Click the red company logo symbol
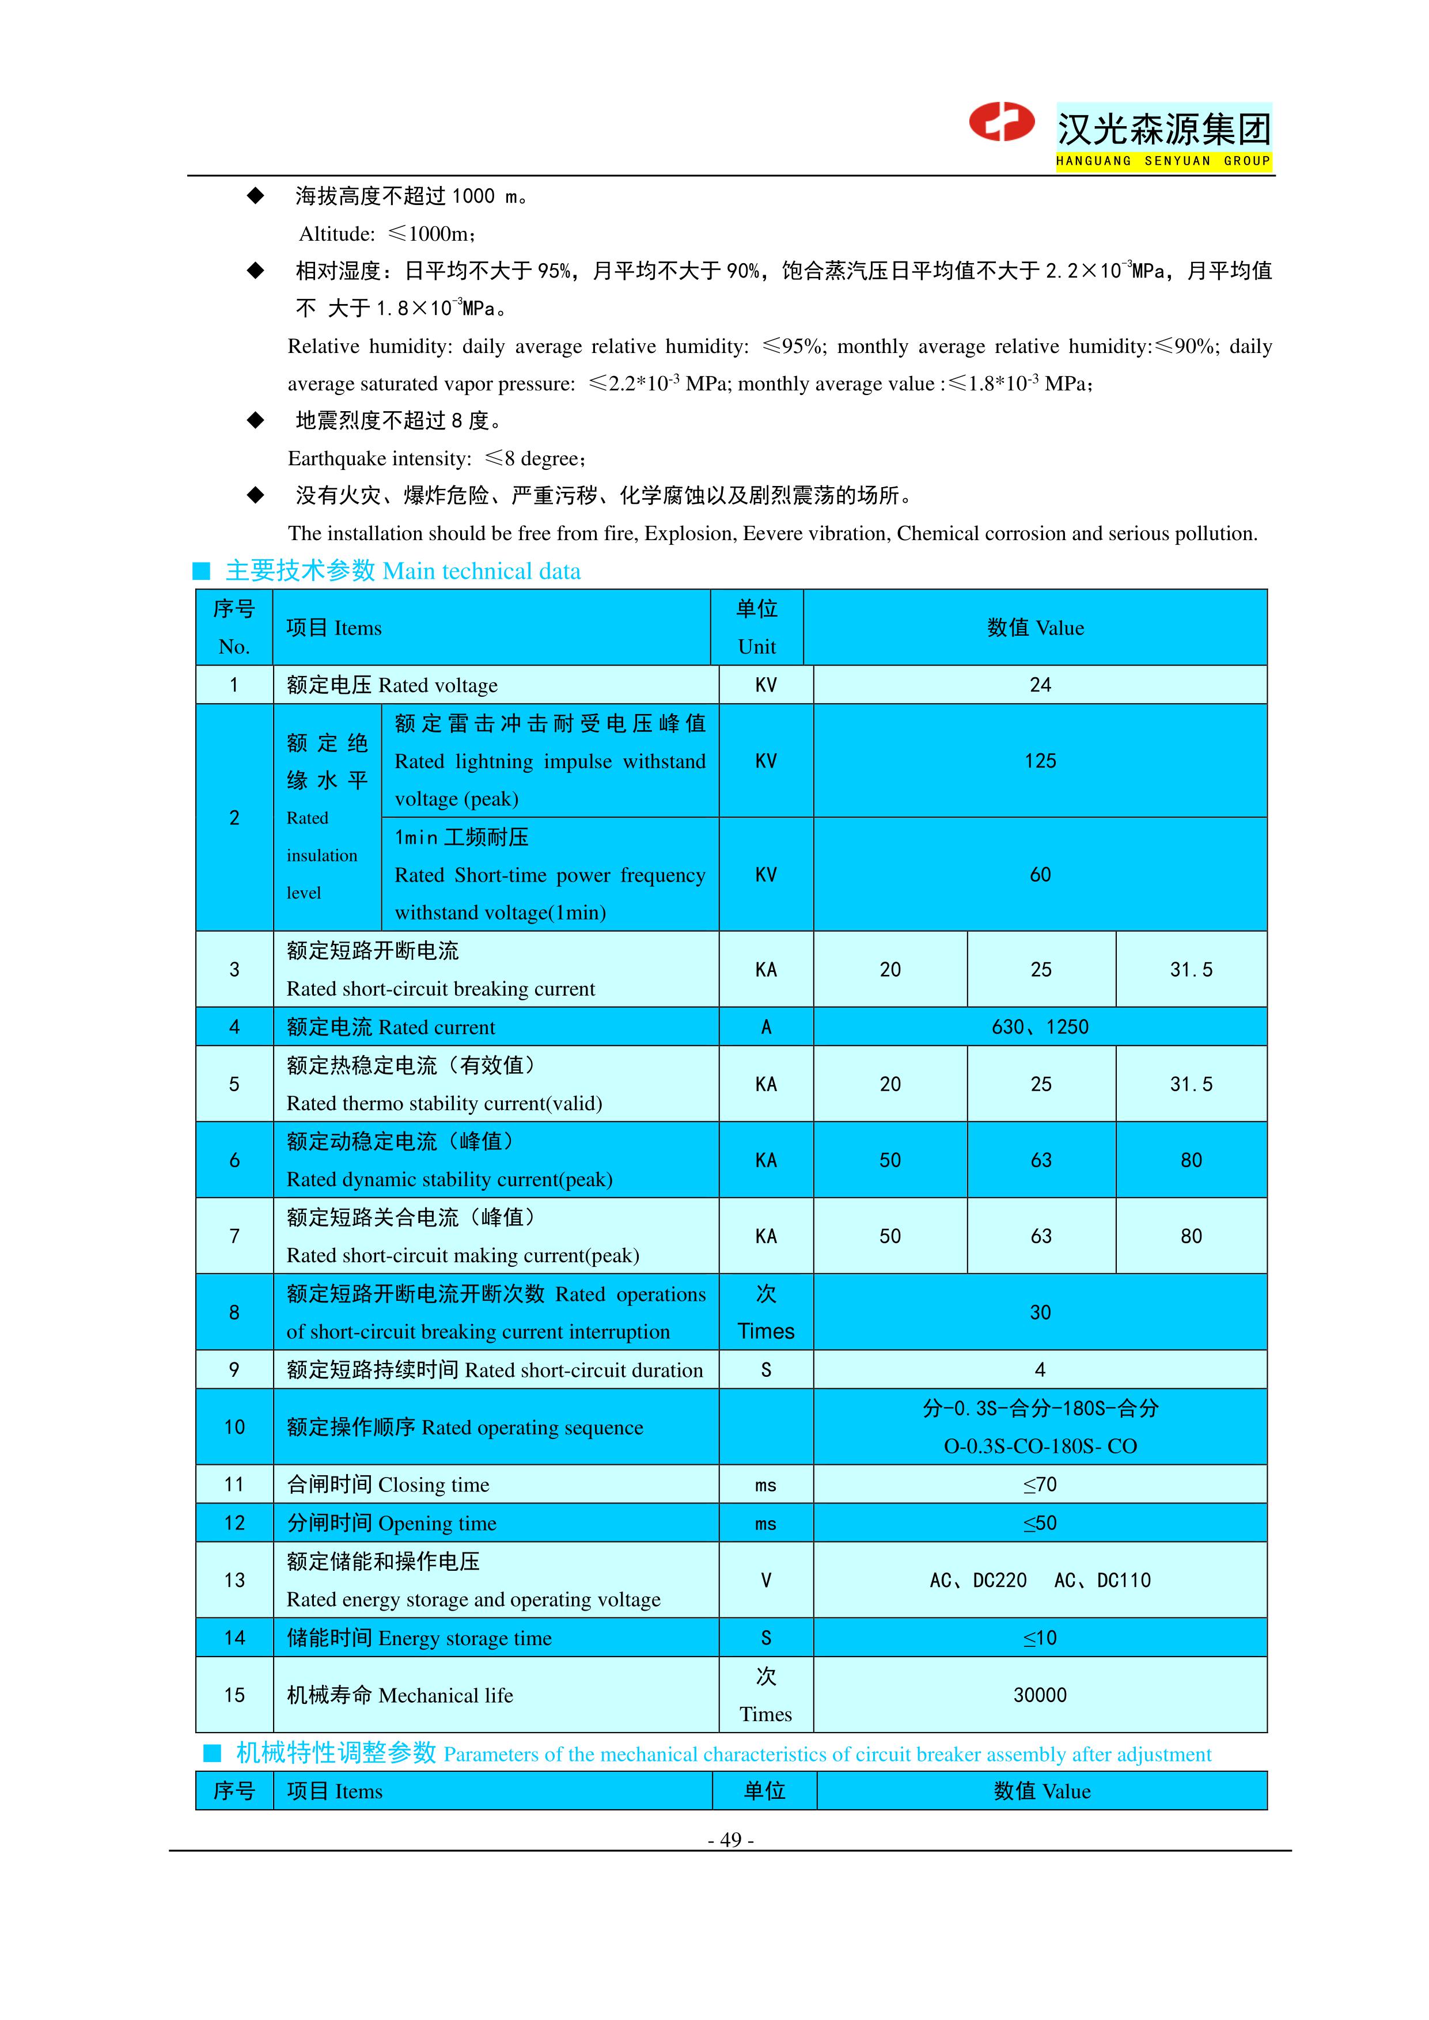(x=1002, y=122)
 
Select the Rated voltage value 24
(x=1040, y=685)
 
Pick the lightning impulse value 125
(x=1040, y=761)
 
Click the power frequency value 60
(x=1040, y=875)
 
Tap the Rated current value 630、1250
(x=1040, y=1027)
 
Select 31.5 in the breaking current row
(x=1191, y=970)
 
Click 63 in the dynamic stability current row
(x=1041, y=1160)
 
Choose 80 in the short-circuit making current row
(x=1191, y=1236)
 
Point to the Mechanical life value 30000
(x=1040, y=1695)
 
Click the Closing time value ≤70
(x=1040, y=1485)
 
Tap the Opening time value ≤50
(x=1040, y=1524)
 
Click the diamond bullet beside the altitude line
(x=255, y=195)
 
